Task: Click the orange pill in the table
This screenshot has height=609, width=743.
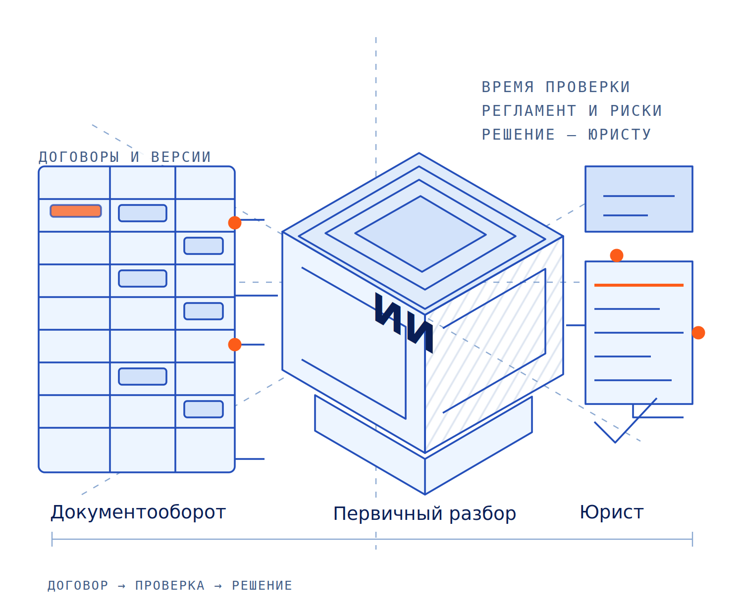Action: (75, 210)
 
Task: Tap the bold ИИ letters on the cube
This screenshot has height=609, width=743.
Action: (404, 322)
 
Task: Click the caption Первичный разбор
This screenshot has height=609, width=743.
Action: (425, 513)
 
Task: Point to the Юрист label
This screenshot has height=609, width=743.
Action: (612, 512)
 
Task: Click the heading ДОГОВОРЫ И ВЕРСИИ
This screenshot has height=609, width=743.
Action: (124, 157)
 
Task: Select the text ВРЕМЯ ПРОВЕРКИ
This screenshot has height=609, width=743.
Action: (556, 87)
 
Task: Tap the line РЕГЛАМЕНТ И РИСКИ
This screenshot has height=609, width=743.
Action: (572, 110)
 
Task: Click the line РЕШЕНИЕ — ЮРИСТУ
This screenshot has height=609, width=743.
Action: (566, 134)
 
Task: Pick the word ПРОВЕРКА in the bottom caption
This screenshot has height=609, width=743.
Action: (170, 585)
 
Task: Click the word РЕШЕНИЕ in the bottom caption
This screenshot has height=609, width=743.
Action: (262, 585)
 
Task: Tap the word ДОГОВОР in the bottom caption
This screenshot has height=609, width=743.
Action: (78, 585)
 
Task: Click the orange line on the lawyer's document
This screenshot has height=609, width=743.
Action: (638, 285)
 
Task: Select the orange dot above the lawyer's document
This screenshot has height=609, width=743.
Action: (616, 255)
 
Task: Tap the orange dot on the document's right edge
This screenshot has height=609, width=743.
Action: (698, 333)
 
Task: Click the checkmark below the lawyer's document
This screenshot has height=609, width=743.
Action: (615, 442)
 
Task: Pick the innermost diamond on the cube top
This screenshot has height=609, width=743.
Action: (421, 234)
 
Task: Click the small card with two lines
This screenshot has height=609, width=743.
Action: (638, 199)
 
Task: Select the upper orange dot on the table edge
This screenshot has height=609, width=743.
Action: (235, 223)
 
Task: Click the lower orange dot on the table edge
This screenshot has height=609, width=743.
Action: (235, 345)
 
